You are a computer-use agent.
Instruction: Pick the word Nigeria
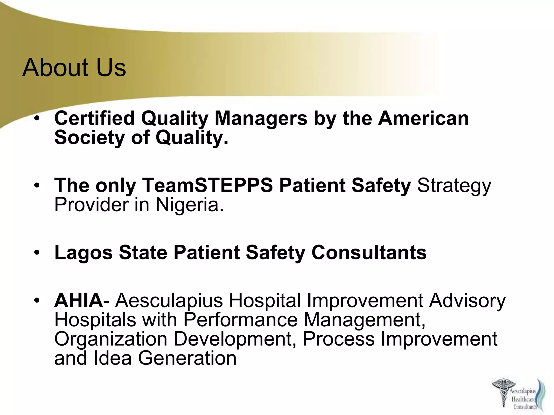coord(190,205)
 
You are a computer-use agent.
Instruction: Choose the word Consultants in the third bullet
coord(369,252)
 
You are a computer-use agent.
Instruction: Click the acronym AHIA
coord(78,301)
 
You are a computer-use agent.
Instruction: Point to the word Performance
coord(240,320)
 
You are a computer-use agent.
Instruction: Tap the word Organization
coord(111,339)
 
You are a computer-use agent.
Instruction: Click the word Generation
coord(187,358)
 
